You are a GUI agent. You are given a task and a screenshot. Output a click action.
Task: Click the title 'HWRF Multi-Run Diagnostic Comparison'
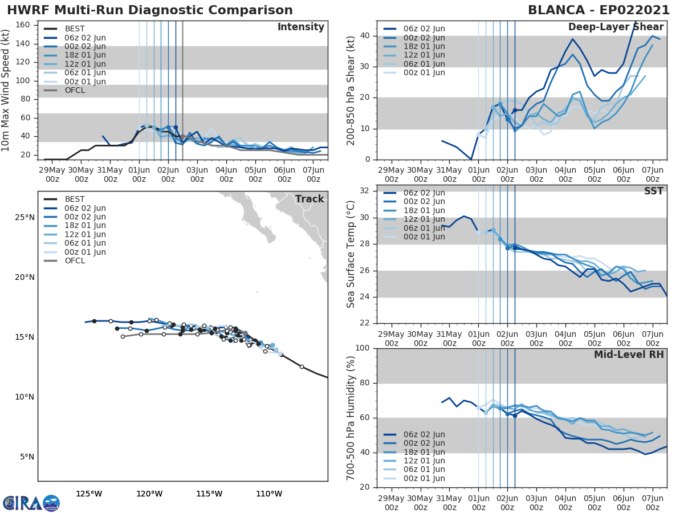[150, 10]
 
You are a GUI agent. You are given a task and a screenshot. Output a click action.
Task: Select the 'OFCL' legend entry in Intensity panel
[75, 91]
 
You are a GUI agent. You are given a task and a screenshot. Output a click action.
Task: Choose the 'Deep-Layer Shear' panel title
[616, 27]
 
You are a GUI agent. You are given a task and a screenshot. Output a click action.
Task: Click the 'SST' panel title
[654, 191]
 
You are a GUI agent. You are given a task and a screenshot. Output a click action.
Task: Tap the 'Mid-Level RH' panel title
[629, 355]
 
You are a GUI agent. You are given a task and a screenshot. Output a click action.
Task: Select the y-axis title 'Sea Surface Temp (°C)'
[351, 254]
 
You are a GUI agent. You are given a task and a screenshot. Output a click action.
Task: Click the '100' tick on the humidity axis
[361, 348]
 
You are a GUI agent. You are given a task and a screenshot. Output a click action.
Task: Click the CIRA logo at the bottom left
[31, 503]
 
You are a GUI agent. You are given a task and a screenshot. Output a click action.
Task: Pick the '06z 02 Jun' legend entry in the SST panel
[424, 193]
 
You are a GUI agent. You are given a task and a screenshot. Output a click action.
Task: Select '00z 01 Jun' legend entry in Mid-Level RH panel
[424, 478]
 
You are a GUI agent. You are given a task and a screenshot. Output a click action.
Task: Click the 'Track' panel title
[309, 199]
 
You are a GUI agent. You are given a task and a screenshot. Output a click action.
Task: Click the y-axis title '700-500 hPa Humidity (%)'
[351, 417]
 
